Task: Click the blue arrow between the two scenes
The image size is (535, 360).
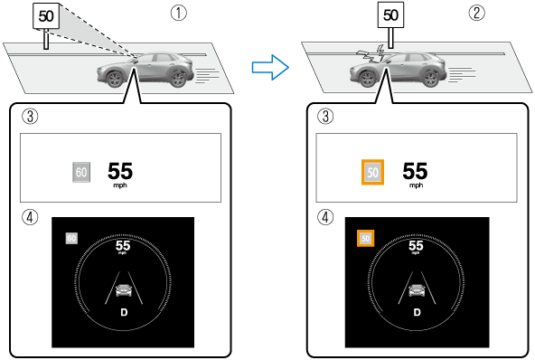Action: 270,67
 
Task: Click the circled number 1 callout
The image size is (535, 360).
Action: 179,13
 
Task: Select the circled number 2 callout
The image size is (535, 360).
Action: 476,13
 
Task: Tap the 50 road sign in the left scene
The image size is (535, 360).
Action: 46,16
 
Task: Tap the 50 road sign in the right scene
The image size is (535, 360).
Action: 390,15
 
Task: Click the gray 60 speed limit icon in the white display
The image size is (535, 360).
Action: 81,172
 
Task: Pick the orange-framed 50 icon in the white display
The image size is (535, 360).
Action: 372,172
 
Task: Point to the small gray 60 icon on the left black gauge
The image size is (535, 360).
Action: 71,238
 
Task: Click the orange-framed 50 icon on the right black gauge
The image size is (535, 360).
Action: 365,238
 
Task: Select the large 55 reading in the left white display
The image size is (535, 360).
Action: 120,171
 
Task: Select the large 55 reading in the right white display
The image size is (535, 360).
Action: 415,171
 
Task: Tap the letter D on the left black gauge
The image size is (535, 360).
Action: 124,313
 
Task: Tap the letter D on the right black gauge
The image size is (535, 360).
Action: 417,313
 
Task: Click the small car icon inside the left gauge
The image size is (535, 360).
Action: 124,290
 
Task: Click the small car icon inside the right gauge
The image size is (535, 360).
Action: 417,290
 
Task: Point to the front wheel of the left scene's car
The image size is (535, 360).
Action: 114,79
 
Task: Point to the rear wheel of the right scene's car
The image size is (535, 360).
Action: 430,79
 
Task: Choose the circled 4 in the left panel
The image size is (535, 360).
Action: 30,217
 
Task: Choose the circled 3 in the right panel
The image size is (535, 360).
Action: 325,116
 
